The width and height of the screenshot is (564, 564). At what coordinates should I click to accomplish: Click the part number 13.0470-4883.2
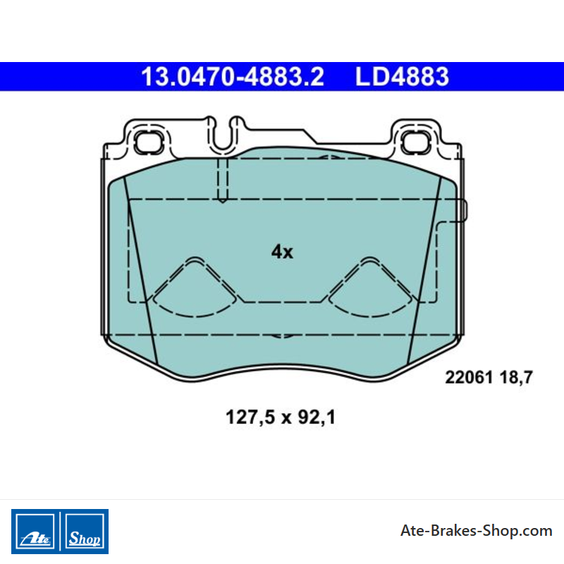coord(233,77)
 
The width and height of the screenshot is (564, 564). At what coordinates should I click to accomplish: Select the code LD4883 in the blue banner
coord(402,77)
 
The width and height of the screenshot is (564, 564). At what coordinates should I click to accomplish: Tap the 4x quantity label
coord(283,252)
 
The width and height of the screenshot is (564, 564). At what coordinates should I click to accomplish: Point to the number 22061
coord(468,377)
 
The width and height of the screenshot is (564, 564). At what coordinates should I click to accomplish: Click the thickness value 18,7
coord(516,378)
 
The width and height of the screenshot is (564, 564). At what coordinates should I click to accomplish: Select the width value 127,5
coord(250,418)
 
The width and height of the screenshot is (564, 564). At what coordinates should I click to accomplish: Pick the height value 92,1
coord(317,418)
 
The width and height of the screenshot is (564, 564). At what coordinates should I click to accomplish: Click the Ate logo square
coord(35,532)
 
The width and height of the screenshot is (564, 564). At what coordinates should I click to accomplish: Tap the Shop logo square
coord(85,532)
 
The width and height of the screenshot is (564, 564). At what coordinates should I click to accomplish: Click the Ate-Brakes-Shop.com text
coord(477,531)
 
